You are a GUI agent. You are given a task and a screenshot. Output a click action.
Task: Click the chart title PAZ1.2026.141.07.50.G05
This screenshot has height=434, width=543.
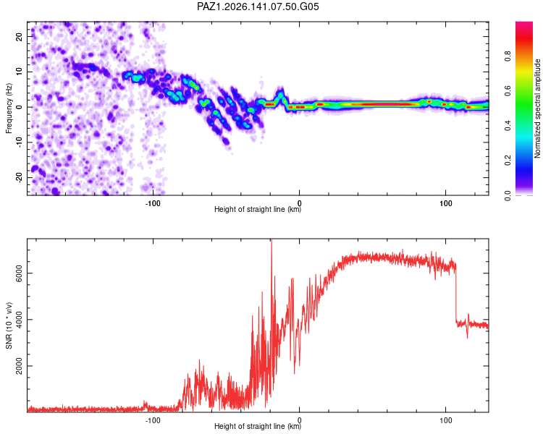point(258,7)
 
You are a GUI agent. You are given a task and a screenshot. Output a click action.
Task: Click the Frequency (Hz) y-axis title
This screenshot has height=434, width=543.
point(9,109)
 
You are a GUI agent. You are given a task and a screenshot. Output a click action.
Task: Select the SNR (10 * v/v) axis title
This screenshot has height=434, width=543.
point(9,325)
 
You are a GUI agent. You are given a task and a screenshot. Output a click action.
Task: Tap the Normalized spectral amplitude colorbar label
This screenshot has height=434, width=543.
point(537,109)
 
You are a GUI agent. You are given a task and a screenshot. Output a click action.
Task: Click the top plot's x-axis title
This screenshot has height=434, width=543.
point(258,209)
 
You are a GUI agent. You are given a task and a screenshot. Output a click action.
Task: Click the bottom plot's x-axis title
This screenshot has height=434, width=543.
point(258,426)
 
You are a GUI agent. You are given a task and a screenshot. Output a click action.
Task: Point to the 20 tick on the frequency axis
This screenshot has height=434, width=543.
point(20,37)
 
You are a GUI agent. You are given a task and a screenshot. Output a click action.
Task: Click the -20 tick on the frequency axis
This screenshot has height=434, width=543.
point(20,178)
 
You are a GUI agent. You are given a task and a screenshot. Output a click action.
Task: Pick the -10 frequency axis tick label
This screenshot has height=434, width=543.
point(20,142)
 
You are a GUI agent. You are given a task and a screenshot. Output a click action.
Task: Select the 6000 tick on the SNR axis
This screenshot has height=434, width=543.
point(20,273)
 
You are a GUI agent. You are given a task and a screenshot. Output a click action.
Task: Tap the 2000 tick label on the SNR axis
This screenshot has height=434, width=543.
point(20,366)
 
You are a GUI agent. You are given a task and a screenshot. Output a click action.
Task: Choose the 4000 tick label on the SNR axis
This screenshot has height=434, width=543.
point(20,320)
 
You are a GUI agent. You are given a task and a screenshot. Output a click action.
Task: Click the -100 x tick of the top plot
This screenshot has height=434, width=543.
point(153,203)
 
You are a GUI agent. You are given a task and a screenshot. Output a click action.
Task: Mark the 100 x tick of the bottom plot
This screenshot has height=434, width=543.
point(446,420)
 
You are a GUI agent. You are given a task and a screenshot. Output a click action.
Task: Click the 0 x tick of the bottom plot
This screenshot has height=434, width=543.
point(299,420)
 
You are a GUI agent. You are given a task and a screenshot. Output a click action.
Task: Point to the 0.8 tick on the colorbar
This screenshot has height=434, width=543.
point(508,56)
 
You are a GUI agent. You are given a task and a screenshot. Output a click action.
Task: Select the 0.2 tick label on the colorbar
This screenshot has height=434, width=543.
point(508,161)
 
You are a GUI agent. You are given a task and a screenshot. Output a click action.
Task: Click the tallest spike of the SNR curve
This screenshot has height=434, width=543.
point(271,240)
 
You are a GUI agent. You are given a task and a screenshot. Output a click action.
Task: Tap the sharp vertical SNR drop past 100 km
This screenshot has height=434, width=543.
point(456,292)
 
